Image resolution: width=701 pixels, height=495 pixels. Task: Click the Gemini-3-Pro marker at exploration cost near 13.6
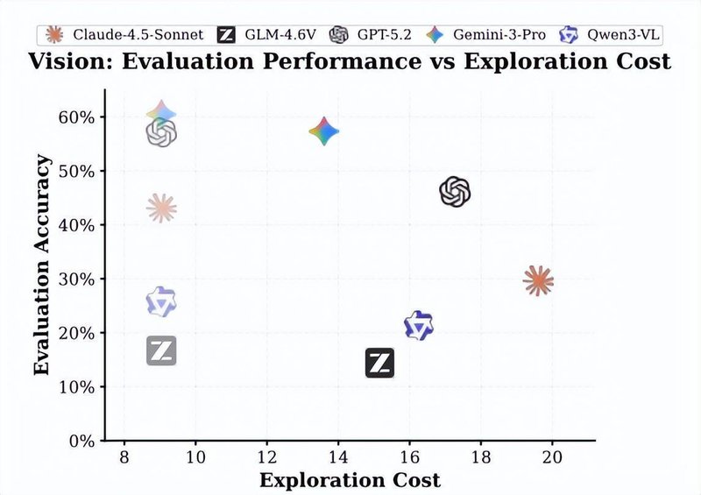tap(324, 132)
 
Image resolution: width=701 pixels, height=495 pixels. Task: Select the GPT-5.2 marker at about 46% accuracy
tap(455, 192)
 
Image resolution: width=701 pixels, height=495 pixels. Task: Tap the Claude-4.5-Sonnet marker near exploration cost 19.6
tap(538, 281)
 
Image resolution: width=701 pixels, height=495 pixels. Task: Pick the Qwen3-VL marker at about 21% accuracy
tap(419, 326)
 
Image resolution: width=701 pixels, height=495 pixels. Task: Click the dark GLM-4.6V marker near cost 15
tap(379, 362)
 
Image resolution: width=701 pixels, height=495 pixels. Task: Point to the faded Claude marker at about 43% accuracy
tap(161, 209)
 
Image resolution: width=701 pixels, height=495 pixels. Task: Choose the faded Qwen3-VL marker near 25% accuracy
tap(161, 302)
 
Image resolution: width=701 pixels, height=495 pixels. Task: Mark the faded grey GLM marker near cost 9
tap(161, 350)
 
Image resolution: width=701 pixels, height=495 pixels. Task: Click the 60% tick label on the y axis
tap(76, 117)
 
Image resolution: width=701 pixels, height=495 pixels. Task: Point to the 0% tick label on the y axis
tap(80, 441)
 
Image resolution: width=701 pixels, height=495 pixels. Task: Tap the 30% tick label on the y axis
tap(76, 279)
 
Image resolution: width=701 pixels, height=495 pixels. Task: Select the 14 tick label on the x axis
tap(338, 457)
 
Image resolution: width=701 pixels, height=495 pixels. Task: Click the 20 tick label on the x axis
tap(551, 457)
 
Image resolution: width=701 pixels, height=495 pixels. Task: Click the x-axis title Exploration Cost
tap(350, 480)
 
